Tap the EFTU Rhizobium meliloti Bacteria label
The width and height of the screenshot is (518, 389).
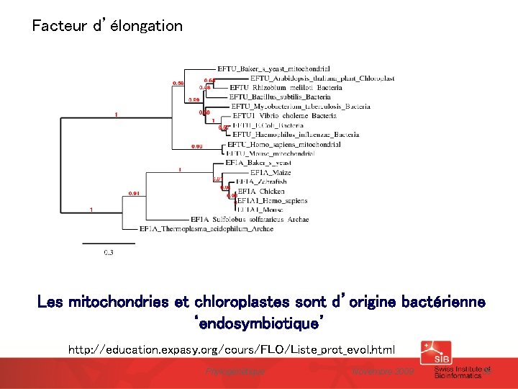[286, 88]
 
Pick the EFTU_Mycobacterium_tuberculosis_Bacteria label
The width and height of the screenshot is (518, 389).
[301, 107]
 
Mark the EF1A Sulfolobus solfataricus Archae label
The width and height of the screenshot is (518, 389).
[250, 219]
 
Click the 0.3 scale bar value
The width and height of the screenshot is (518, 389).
[109, 252]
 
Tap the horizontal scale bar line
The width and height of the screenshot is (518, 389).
[98, 243]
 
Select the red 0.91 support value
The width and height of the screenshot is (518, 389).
[134, 194]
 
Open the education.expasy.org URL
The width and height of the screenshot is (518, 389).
[232, 350]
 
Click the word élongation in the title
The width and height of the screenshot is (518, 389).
[147, 27]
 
